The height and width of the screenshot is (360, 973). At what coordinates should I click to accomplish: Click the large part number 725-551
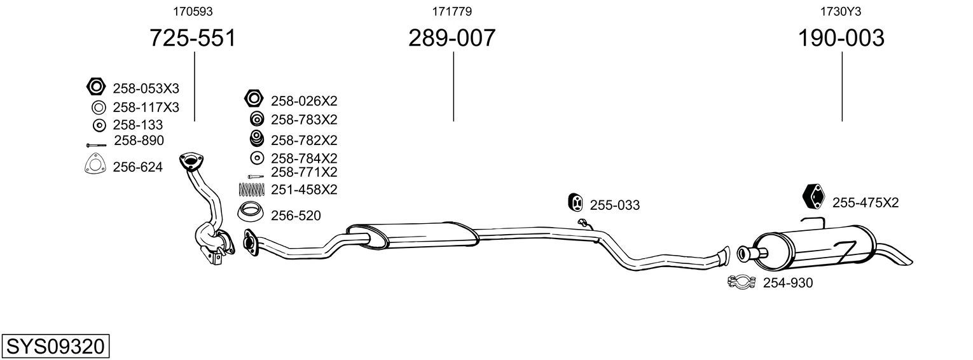193,38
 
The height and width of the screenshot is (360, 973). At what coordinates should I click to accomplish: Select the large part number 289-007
452,38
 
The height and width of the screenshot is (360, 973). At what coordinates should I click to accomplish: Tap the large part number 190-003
841,38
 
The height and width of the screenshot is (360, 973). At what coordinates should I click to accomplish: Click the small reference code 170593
193,11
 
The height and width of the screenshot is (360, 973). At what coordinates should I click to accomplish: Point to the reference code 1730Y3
841,11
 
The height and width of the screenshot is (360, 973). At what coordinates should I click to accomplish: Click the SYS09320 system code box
55,347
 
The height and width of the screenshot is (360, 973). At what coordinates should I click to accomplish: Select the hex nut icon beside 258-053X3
96,87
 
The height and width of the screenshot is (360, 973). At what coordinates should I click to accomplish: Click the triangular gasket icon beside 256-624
95,165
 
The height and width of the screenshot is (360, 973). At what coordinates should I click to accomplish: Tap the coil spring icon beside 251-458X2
251,190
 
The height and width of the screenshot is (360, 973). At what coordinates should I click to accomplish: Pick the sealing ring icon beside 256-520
250,211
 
